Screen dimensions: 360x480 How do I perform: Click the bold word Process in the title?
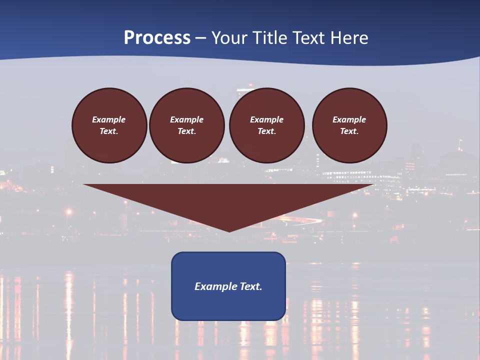coord(157,38)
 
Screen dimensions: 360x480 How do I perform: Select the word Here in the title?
coord(349,38)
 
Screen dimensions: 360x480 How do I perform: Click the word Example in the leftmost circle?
coord(109,119)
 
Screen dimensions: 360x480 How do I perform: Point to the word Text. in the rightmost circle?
coord(349,131)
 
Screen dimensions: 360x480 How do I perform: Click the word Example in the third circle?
coord(266,119)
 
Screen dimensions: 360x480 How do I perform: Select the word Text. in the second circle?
coord(187,131)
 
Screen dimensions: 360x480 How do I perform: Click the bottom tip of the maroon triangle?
coord(229,231)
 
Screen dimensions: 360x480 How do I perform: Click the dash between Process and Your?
coord(201,38)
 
